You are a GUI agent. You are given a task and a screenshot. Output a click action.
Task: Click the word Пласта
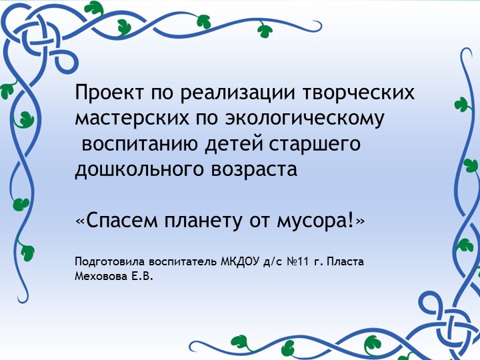coord(345,260)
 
